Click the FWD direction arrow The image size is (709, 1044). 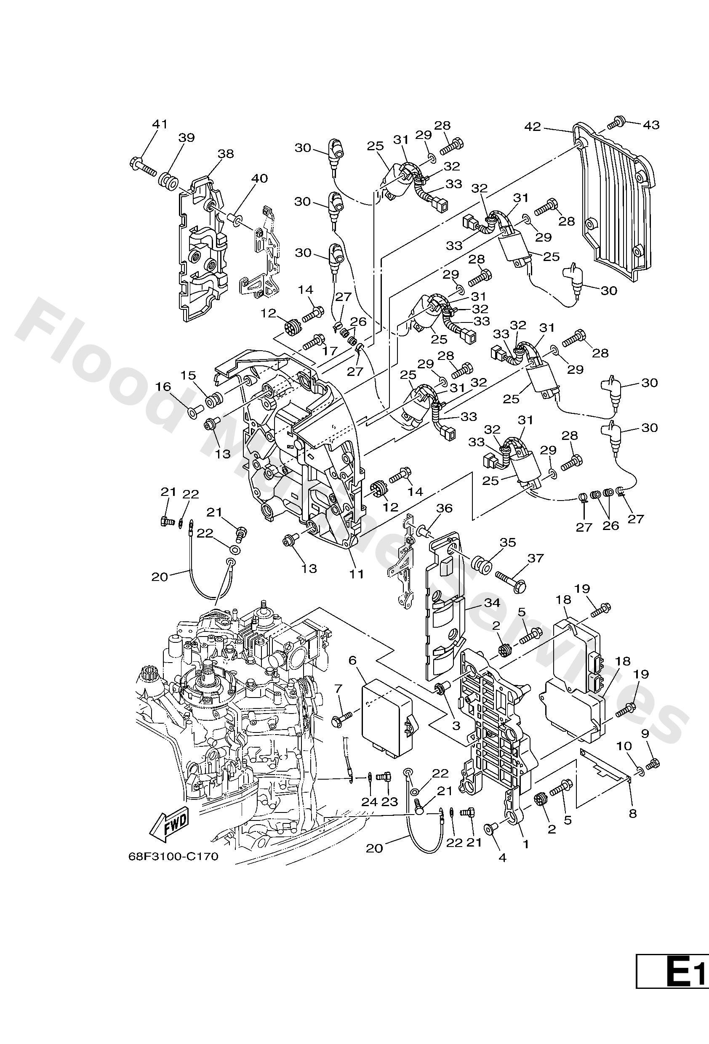[x=169, y=825]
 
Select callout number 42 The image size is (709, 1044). [x=534, y=127]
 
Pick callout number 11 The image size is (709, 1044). [x=357, y=574]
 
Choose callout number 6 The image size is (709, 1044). [x=352, y=660]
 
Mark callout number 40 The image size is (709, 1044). [x=259, y=178]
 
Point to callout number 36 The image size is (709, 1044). [x=444, y=508]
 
